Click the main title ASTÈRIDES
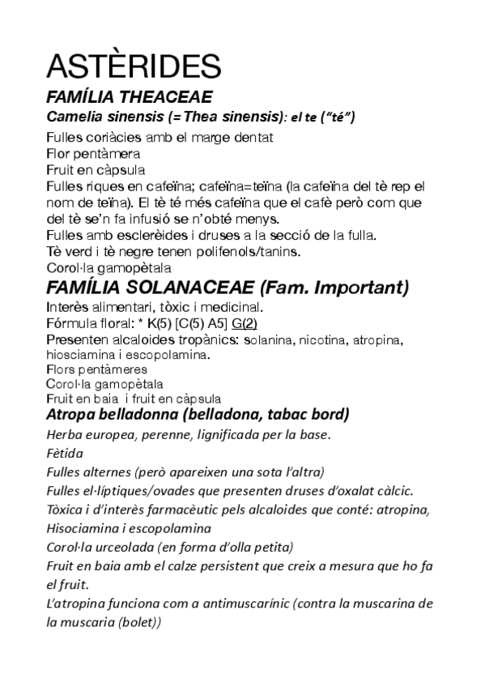pyautogui.click(x=133, y=66)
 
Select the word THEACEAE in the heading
pyautogui.click(x=164, y=97)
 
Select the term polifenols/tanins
pyautogui.click(x=251, y=252)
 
